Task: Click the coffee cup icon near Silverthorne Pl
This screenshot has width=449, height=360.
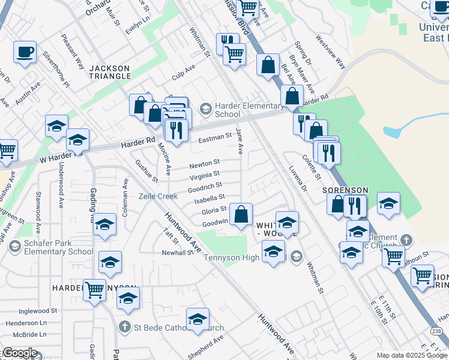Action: click(25, 52)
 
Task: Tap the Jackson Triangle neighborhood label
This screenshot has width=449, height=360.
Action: click(110, 72)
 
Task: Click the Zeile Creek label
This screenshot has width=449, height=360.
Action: click(158, 196)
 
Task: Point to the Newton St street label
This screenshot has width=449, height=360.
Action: click(205, 163)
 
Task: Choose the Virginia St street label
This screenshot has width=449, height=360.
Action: click(204, 175)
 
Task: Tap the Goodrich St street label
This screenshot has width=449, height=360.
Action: click(206, 186)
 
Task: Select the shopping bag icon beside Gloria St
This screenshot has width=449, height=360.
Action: click(241, 214)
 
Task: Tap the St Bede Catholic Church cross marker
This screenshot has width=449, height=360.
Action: click(124, 328)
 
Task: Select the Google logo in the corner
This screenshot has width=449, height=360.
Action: click(19, 353)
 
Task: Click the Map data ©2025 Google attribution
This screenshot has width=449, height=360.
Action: click(411, 355)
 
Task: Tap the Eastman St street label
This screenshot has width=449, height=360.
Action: click(215, 137)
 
